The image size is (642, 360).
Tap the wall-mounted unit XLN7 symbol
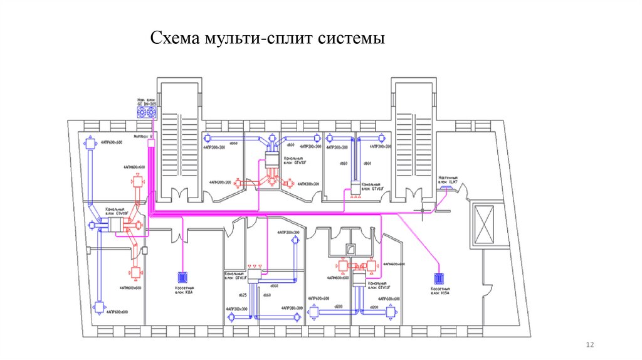tap(449, 188)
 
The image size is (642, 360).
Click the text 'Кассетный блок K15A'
tap(438, 292)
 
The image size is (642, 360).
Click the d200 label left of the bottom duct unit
tap(339, 307)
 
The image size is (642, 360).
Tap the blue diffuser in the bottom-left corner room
tap(99, 307)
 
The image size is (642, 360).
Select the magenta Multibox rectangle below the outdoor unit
tap(150, 144)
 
